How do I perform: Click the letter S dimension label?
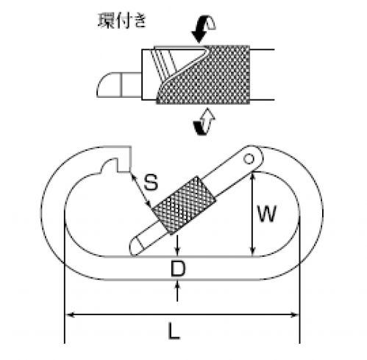[x=151, y=182]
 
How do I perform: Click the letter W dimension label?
[x=267, y=213]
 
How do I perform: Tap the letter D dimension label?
[x=178, y=268]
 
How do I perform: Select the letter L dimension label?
[x=174, y=331]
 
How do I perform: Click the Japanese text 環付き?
[x=122, y=21]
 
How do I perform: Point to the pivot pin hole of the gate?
[x=249, y=159]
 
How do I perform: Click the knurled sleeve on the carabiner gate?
[x=184, y=205]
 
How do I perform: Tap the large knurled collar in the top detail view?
[x=208, y=75]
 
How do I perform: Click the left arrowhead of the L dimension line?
[x=70, y=314]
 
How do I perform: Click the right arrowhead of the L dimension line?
[x=294, y=314]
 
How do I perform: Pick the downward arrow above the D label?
[x=177, y=245]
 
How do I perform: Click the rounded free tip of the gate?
[x=135, y=247]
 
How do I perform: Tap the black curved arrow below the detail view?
[x=200, y=128]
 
